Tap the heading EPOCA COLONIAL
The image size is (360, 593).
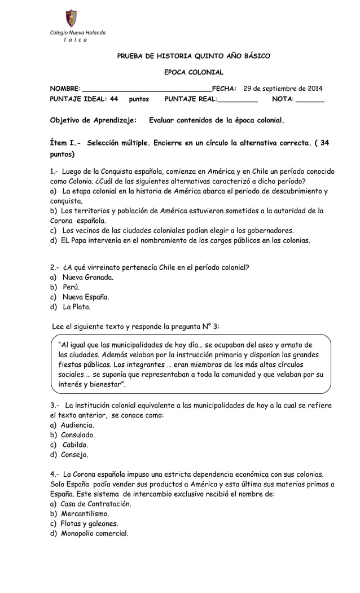(x=194, y=72)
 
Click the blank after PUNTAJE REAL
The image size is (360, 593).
(x=237, y=99)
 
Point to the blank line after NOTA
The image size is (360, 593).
(x=310, y=99)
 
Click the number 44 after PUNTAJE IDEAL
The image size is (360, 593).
(x=113, y=99)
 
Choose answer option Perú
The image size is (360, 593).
(x=71, y=287)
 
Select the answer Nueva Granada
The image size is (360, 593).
(x=88, y=277)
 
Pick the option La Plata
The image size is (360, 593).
(x=76, y=308)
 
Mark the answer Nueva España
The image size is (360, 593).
(x=86, y=297)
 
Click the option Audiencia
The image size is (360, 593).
(x=77, y=424)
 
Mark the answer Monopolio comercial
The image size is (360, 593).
(x=94, y=534)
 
